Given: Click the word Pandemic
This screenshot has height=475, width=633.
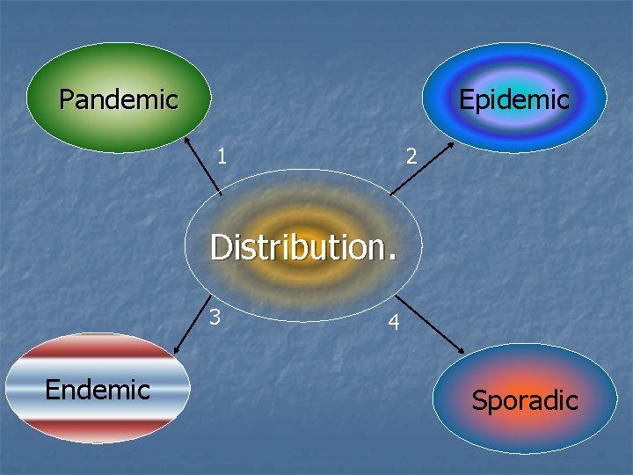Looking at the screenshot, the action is [x=119, y=99].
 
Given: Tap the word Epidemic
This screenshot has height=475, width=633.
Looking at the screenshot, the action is [x=514, y=99].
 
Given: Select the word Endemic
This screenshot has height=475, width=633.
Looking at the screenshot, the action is [x=98, y=389].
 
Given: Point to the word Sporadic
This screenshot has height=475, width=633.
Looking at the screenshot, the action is [x=525, y=400].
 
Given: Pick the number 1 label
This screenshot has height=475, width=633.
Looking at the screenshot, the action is [x=222, y=156].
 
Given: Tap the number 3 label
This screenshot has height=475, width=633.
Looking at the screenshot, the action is [x=214, y=315].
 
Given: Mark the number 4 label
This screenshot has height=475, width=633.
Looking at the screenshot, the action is [x=395, y=323].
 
